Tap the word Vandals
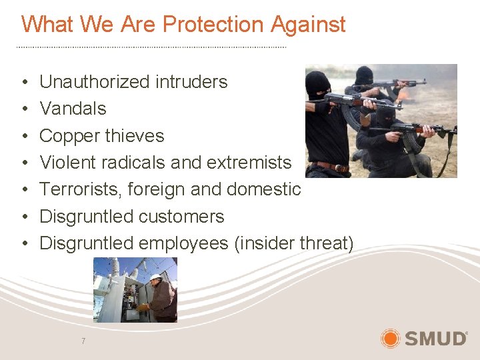[73, 109]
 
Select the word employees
[183, 243]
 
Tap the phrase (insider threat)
[294, 243]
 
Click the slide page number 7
[83, 341]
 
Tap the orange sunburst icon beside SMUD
[391, 338]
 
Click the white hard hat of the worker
[155, 277]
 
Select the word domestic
[264, 189]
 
